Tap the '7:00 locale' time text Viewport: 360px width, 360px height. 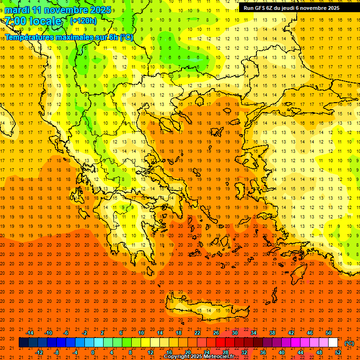pos(33,21)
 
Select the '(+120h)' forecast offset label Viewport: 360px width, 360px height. pos(83,21)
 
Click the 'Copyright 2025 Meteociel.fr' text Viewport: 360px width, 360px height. pos(199,357)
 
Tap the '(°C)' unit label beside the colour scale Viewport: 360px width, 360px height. pos(349,343)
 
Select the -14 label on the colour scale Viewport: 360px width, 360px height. pos(30,333)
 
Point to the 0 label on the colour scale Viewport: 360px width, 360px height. pos(93,352)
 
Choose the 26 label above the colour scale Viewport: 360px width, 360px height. pos(216,333)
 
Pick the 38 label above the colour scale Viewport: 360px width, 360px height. pos(272,333)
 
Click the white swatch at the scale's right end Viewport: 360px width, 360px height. pos(333,343)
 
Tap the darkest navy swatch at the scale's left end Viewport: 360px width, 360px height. pos(23,343)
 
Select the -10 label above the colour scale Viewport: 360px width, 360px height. pos(48,333)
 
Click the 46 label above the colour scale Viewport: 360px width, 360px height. pos(310,333)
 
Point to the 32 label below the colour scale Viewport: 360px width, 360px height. pos(244,352)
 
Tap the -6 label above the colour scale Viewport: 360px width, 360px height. pos(67,333)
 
